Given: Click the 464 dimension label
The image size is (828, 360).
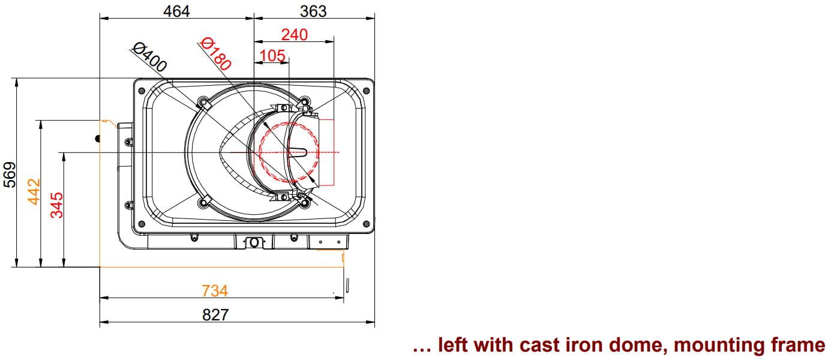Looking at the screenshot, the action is click(176, 11).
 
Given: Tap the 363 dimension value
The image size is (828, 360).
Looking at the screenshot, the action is click(313, 11).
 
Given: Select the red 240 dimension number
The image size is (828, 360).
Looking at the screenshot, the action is click(295, 35).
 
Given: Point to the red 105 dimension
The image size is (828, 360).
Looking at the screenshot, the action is click(272, 56).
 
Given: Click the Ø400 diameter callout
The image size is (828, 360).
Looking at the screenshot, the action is click(149, 57).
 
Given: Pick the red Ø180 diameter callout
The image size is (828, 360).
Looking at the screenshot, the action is click(215, 54).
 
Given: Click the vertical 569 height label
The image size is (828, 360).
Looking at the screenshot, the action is click(10, 175).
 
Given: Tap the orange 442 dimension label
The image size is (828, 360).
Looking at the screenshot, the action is click(34, 191).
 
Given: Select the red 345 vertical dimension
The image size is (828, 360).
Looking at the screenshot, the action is click(56, 205).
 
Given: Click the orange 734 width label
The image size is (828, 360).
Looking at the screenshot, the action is click(215, 291).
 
